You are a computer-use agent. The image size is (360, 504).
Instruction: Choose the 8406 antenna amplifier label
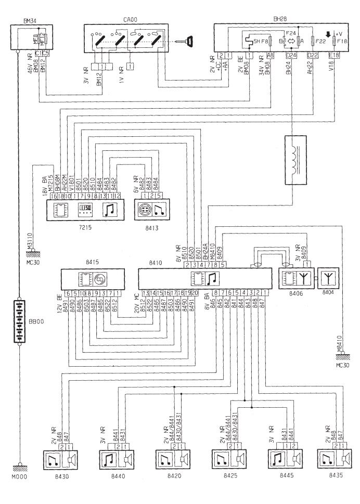(294, 294)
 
